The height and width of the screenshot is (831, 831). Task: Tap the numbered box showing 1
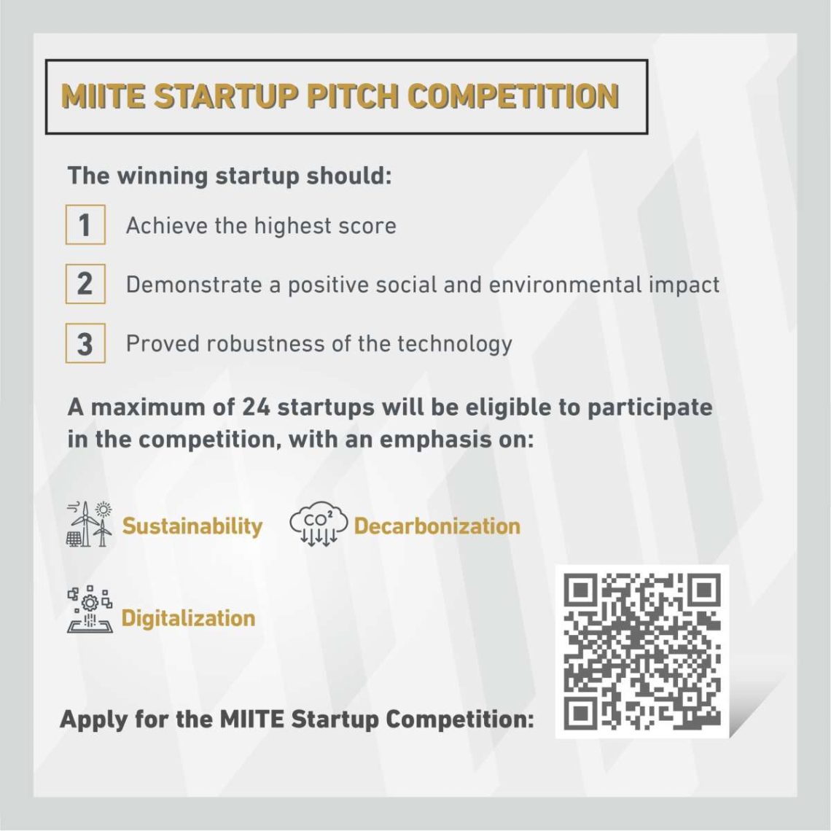tap(85, 225)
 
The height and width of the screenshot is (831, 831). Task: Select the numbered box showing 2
tap(85, 284)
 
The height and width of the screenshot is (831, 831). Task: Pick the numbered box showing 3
tap(85, 343)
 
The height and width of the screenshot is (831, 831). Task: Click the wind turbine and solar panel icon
tap(90, 524)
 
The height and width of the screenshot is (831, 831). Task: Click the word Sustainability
tap(192, 526)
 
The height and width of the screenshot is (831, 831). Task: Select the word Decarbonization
tap(437, 526)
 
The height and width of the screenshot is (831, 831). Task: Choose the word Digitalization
tap(188, 618)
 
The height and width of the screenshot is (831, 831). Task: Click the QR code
tap(641, 652)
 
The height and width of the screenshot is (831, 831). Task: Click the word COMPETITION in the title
tap(513, 96)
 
